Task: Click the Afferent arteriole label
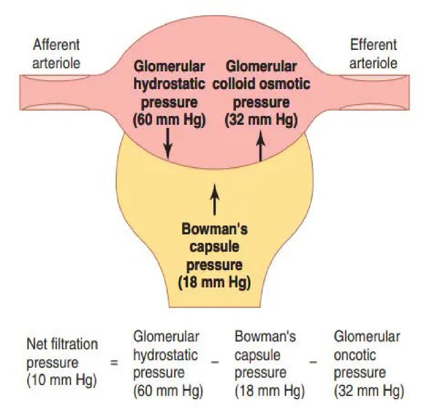pos(56,54)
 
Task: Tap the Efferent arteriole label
pos(373,54)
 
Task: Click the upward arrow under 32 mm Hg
pos(261,145)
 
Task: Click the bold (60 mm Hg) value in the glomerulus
pos(169,120)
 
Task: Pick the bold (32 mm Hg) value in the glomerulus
pos(261,120)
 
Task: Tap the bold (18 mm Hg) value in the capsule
pos(214,282)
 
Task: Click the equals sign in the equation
pos(114,362)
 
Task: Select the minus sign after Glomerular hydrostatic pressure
pos(215,362)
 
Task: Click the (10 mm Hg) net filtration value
pos(62,380)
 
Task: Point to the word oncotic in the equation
pos(355,355)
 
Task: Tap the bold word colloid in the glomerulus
pos(234,84)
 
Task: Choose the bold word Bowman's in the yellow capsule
pos(214,229)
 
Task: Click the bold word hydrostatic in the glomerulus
pos(169,84)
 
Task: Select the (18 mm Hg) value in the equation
pos(269,391)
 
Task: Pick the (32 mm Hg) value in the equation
pos(369,391)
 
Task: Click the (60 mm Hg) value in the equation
pos(168,391)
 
